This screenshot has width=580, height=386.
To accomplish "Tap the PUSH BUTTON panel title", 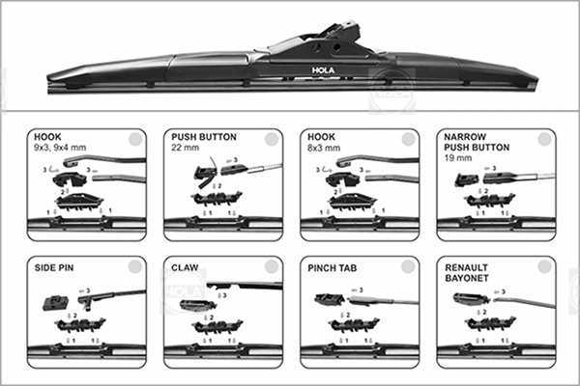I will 203,138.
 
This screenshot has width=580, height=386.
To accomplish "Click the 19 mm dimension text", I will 454,156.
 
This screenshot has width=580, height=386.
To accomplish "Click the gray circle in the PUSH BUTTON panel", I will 275,139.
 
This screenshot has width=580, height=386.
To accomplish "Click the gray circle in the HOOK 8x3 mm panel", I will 411,139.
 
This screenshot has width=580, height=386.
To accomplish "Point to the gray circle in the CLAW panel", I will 275,266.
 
